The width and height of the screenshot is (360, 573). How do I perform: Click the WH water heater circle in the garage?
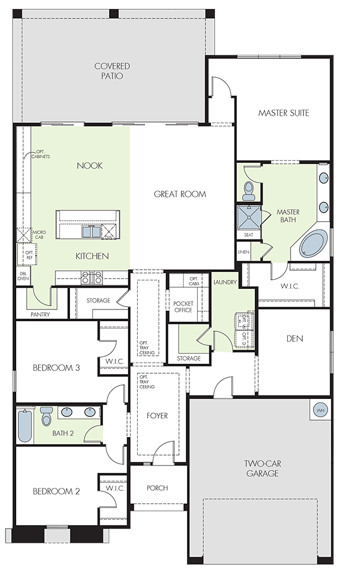pos(320,410)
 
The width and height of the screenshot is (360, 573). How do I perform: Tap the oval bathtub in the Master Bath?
pos(313,243)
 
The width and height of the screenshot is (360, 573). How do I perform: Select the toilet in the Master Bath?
pos(249,190)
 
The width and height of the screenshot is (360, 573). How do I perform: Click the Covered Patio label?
pos(112,71)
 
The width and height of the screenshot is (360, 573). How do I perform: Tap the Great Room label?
pos(180,194)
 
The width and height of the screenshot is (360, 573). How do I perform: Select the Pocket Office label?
pos(183,307)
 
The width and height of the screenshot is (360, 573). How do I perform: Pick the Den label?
pos(294,339)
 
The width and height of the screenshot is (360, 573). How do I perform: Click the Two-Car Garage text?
pos(263,468)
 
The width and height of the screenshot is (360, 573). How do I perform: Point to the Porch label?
pos(157,488)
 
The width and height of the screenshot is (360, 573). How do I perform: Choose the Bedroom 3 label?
pos(57,368)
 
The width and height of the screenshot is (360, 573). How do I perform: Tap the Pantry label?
pos(40,314)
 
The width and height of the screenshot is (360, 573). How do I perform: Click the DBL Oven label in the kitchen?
pos(23,276)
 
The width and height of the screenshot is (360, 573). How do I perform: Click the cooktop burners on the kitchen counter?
pos(92,278)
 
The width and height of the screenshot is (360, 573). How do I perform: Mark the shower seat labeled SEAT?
pos(249,234)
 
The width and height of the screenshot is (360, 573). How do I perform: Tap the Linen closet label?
pos(244,252)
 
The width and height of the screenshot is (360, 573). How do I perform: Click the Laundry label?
pos(225,282)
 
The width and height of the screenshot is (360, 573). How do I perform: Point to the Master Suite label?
pos(284,113)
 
